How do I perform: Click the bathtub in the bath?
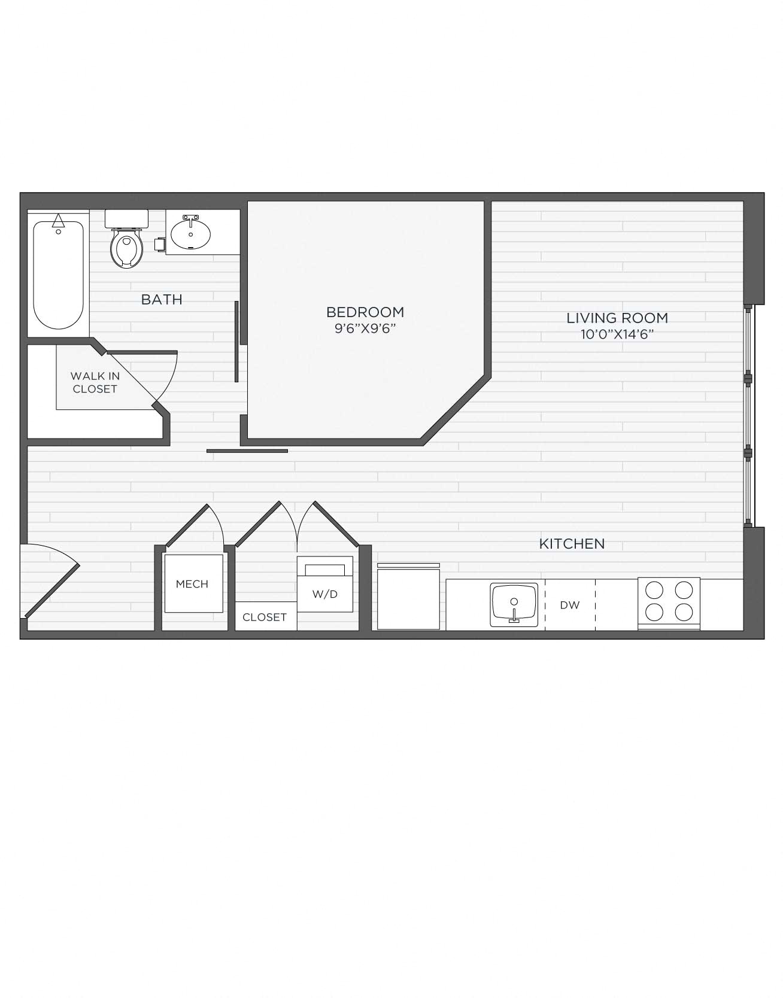tap(58, 275)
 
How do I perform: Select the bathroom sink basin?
tap(190, 234)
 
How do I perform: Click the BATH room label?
tap(162, 299)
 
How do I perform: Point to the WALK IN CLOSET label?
tap(95, 382)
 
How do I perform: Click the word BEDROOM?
tap(365, 312)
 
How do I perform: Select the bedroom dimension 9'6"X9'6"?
tap(365, 328)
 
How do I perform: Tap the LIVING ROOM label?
tap(617, 318)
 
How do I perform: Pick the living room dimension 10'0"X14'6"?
tap(617, 334)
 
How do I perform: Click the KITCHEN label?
tap(572, 544)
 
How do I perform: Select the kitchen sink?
tap(514, 604)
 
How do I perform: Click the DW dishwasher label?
tap(570, 605)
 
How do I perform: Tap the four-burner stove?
tap(669, 601)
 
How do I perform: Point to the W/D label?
tap(325, 594)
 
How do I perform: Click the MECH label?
tap(192, 584)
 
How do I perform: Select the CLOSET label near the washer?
tap(265, 617)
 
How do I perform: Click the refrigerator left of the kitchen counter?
tap(408, 597)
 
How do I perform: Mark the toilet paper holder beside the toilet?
tap(159, 244)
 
